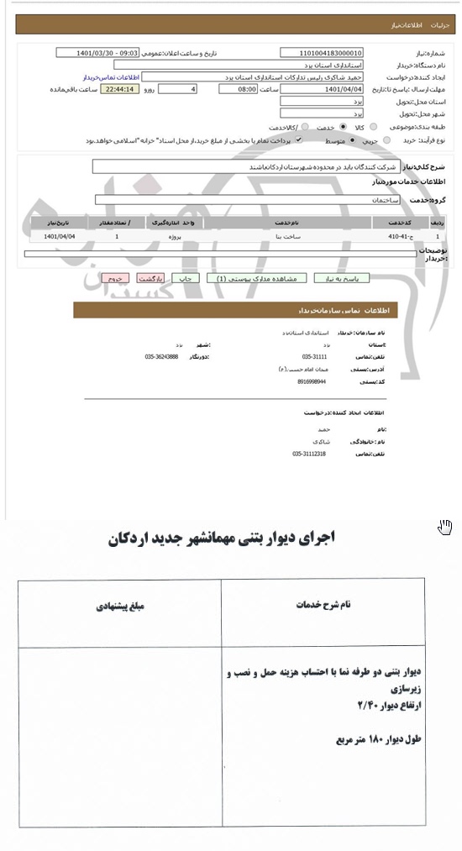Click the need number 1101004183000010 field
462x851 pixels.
point(321,52)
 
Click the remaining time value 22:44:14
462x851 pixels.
point(118,88)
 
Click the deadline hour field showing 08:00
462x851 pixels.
point(237,88)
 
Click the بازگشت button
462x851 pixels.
point(150,278)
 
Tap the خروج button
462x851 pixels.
point(114,278)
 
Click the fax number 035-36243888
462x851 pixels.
point(161,357)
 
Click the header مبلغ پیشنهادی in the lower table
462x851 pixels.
point(120,605)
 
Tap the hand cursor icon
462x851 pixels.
point(445,527)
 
